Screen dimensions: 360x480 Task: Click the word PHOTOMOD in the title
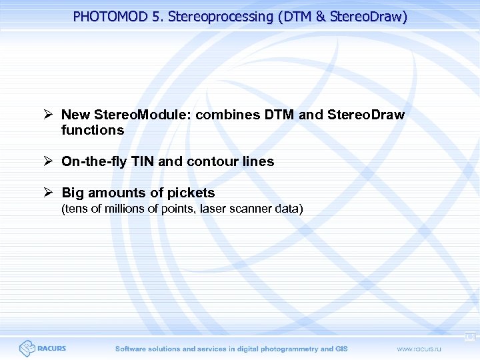109,17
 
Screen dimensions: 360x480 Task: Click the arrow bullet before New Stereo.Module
49,115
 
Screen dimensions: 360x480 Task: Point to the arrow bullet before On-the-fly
49,161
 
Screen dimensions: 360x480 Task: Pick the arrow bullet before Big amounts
49,193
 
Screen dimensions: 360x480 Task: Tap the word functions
92,130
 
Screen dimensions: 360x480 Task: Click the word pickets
189,193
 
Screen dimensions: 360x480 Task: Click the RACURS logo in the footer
43,348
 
